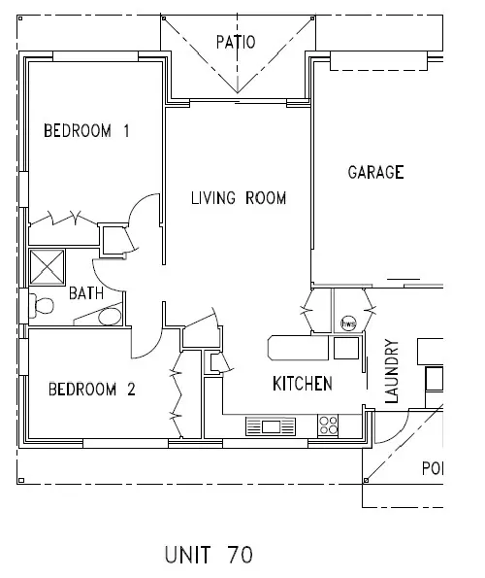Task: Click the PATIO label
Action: tap(235, 42)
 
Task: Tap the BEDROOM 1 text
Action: tap(86, 131)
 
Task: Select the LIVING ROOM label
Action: tap(238, 198)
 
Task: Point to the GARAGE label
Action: tap(375, 173)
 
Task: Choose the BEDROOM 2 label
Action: tap(92, 391)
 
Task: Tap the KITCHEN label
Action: tap(302, 383)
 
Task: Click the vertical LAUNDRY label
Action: tap(392, 370)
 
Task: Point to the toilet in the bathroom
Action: tap(40, 306)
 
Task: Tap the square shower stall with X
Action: tap(46, 265)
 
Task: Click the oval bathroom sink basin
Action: tap(111, 316)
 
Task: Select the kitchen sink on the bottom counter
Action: tap(269, 425)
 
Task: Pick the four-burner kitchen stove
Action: tap(329, 425)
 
